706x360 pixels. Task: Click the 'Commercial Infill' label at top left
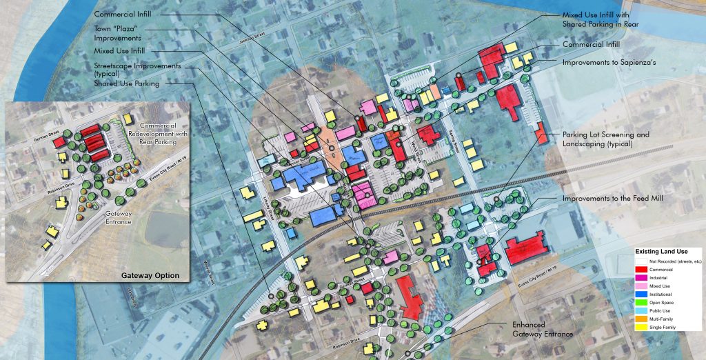[x=122, y=14]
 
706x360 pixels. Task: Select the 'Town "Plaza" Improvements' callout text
[x=118, y=34]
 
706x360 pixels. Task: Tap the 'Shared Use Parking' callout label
[x=127, y=83]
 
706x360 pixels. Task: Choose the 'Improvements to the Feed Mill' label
[x=611, y=199]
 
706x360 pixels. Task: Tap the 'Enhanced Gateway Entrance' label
[x=543, y=329]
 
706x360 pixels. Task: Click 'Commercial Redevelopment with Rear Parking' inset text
[x=150, y=133]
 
